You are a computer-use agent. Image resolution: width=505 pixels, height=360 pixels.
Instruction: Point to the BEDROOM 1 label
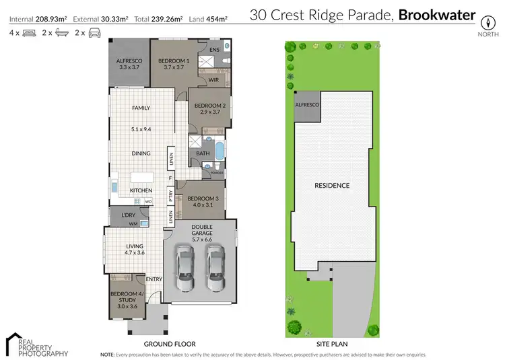173,61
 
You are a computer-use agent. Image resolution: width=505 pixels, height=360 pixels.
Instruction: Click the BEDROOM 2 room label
209,106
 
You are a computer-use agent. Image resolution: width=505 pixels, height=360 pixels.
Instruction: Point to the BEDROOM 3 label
203,199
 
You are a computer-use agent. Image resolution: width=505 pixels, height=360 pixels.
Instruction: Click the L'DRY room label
128,215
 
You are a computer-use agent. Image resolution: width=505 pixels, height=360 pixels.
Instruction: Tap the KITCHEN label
141,190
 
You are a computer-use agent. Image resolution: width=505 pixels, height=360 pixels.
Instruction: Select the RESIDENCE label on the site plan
333,185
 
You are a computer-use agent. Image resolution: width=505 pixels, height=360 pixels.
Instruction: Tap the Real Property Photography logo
37,344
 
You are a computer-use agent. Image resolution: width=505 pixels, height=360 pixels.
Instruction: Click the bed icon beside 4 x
28,32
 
